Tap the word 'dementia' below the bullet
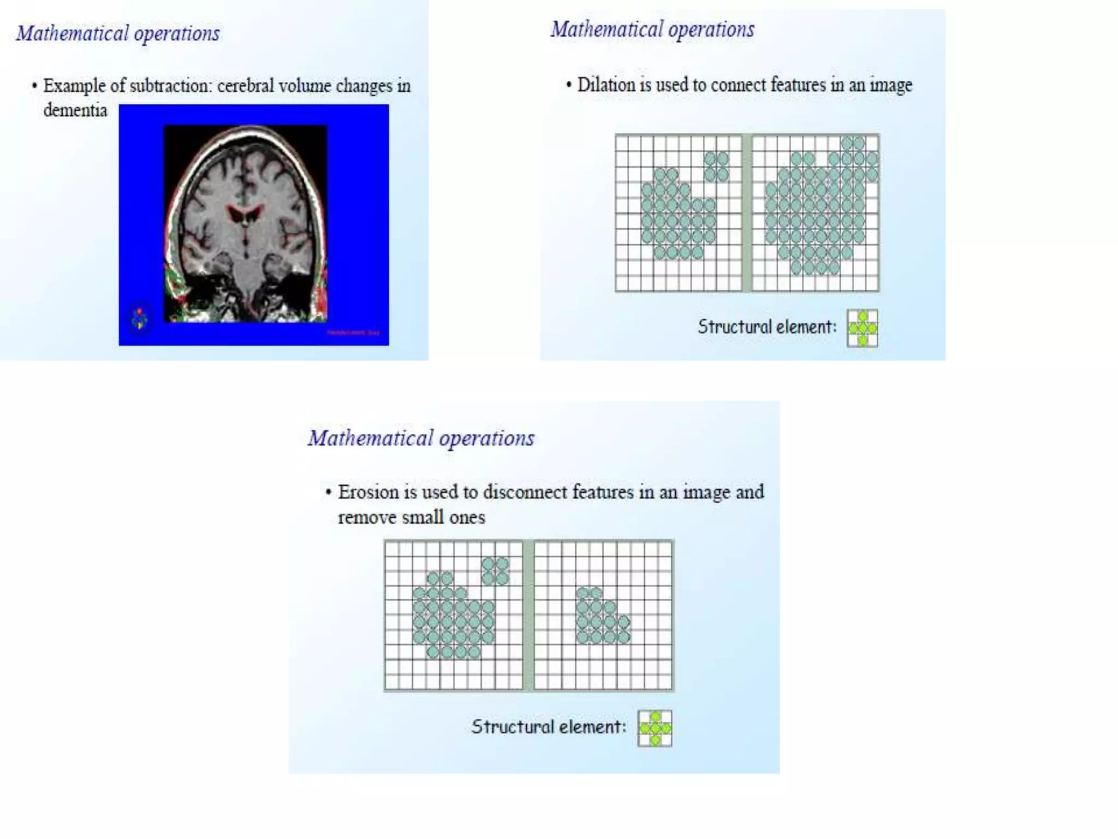point(75,110)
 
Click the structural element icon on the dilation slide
point(863,328)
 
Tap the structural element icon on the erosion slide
point(655,728)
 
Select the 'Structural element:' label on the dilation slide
point(767,327)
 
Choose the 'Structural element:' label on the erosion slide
point(549,727)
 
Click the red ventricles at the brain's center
point(245,213)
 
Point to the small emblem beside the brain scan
point(140,318)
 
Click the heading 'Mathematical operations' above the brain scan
point(118,34)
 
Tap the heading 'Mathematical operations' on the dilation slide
point(652,29)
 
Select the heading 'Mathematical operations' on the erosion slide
point(421,438)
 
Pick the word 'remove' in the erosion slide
point(367,517)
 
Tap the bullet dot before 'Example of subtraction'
point(34,86)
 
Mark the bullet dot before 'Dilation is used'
point(569,85)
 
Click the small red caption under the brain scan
point(353,332)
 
